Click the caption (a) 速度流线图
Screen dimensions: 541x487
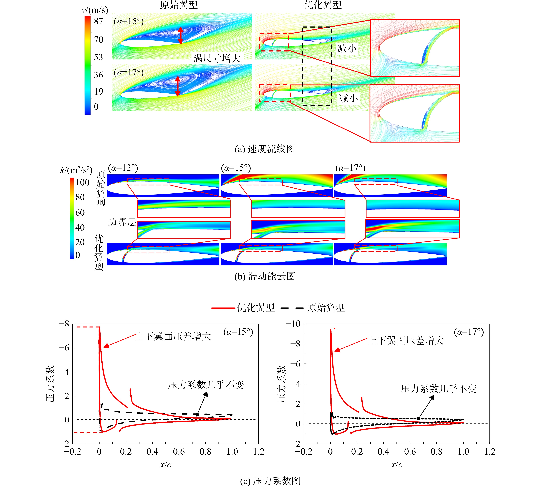coord(265,149)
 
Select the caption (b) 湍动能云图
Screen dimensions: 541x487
coord(265,276)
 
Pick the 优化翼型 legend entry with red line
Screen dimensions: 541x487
coord(243,308)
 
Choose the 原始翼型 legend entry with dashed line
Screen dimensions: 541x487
coord(313,308)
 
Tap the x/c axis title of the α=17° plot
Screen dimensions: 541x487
coord(397,464)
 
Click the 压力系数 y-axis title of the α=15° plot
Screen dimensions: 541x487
coord(50,384)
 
